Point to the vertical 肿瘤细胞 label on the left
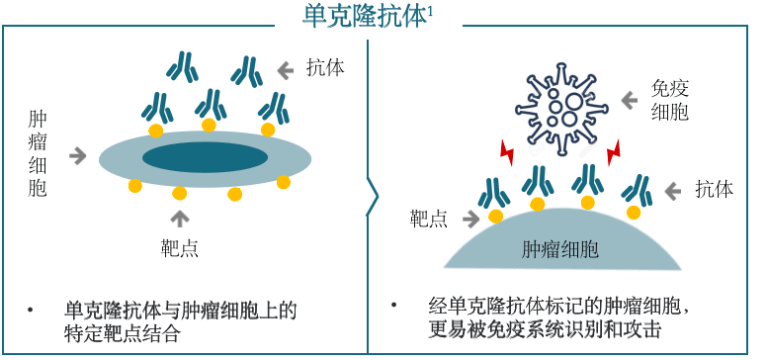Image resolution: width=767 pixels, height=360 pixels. [x=39, y=153]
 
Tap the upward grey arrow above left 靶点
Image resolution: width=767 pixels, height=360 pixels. [x=179, y=216]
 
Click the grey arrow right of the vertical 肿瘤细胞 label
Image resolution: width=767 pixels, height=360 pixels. [x=77, y=154]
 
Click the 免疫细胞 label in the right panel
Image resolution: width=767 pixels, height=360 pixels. [x=669, y=100]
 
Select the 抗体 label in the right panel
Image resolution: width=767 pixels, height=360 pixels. [x=713, y=189]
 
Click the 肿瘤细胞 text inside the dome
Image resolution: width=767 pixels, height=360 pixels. [x=559, y=248]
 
